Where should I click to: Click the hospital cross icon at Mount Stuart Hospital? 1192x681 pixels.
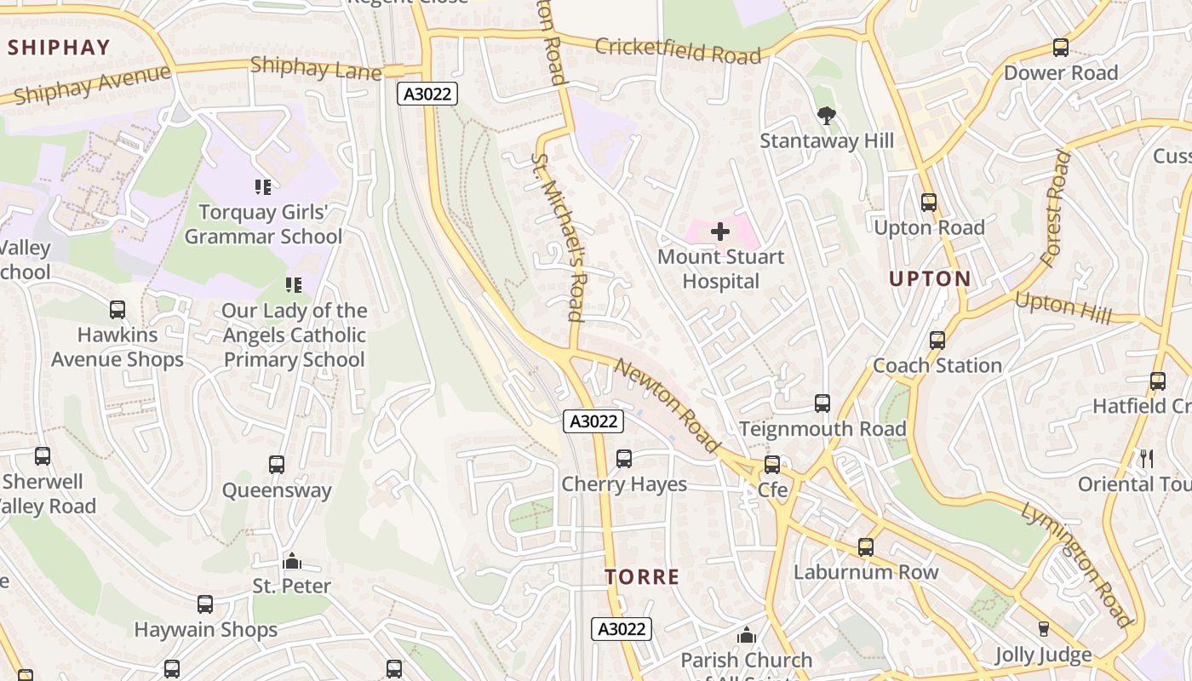720,231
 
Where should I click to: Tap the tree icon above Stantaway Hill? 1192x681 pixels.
825,116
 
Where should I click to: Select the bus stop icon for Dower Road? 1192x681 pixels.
1060,48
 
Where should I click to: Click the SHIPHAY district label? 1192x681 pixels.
60,48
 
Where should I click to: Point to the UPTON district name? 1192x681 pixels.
930,278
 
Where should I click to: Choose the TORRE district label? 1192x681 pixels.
642,577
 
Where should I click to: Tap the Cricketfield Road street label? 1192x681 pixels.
678,50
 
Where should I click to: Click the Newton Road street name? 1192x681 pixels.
667,404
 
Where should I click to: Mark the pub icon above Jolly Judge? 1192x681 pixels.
1043,629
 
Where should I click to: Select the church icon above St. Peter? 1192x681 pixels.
292,561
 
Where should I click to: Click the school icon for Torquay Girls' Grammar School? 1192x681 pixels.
263,186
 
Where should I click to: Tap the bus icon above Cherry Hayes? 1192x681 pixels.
623,459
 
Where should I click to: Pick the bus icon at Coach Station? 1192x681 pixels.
937,340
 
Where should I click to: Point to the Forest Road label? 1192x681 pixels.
1054,208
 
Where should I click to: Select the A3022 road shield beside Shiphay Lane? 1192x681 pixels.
427,94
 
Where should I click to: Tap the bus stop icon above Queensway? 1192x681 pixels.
277,465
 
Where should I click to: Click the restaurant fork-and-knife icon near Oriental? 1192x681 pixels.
1146,459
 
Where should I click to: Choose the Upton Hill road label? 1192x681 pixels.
1063,307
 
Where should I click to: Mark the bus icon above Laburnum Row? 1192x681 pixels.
866,547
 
